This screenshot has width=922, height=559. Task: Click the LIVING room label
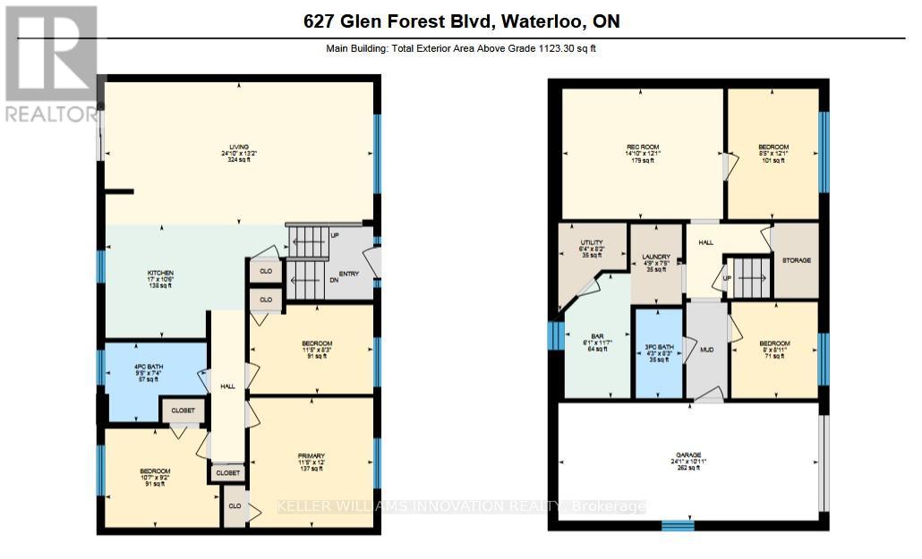point(238,148)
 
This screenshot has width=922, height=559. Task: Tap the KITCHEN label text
point(160,273)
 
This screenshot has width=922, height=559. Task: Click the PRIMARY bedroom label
point(312,455)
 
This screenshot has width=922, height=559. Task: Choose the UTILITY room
point(592,242)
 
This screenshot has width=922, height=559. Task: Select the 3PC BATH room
point(658,347)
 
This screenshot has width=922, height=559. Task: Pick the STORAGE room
point(796,260)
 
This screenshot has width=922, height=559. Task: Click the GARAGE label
point(688,454)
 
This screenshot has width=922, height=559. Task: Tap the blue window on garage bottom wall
point(678,526)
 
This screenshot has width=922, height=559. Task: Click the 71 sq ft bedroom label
point(774,343)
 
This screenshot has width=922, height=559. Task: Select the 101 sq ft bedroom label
point(773,147)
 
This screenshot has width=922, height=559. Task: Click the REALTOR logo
point(50,63)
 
